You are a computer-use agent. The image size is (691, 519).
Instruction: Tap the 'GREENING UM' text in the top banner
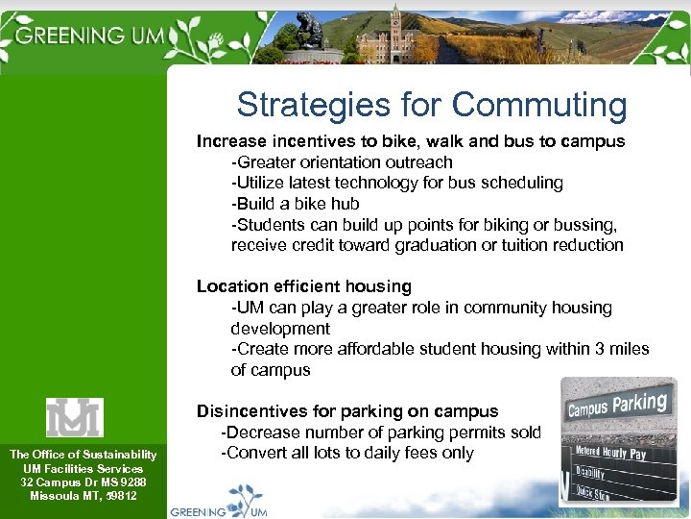tap(91, 36)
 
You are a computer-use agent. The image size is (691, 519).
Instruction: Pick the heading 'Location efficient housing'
tap(303, 286)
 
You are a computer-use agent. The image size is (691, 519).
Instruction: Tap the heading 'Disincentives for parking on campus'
tap(346, 412)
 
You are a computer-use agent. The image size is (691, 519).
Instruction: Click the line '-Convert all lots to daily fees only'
tap(347, 453)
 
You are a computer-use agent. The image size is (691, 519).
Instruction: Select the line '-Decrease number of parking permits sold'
tap(381, 432)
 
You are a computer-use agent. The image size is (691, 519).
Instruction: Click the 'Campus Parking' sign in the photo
tap(617, 406)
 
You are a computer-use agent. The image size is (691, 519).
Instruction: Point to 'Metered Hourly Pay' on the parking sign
tap(610, 451)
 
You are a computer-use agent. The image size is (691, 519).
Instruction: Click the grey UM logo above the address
tap(75, 417)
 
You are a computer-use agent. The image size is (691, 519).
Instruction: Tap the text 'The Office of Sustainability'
tap(83, 455)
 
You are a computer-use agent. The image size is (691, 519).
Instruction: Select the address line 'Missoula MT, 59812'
tap(83, 496)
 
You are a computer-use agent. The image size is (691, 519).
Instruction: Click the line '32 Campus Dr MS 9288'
tap(83, 482)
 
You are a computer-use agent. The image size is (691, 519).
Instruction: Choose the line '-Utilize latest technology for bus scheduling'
tap(396, 183)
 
